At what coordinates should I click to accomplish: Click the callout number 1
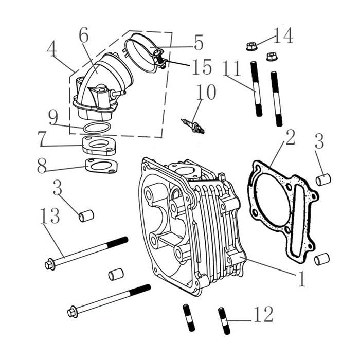[x=302, y=278]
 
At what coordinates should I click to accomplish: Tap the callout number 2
[x=290, y=138]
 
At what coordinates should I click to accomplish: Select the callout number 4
[x=51, y=50]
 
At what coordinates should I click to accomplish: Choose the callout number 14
[x=283, y=36]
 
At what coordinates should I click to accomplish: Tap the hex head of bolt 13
[x=50, y=265]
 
